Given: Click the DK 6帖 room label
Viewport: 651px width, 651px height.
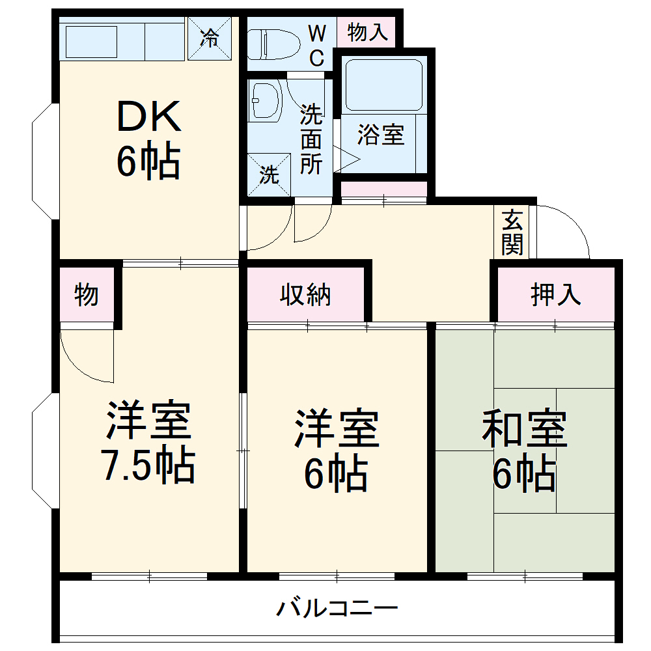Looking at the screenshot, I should [148, 140].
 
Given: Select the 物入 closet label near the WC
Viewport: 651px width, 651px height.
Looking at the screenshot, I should [367, 32].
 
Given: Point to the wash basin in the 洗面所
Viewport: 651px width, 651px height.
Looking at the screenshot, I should [265, 101].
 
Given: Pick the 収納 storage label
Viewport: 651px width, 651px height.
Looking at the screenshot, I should [305, 295].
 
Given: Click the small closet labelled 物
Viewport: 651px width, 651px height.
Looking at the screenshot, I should [87, 295].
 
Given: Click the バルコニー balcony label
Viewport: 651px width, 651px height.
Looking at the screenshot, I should [337, 609].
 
